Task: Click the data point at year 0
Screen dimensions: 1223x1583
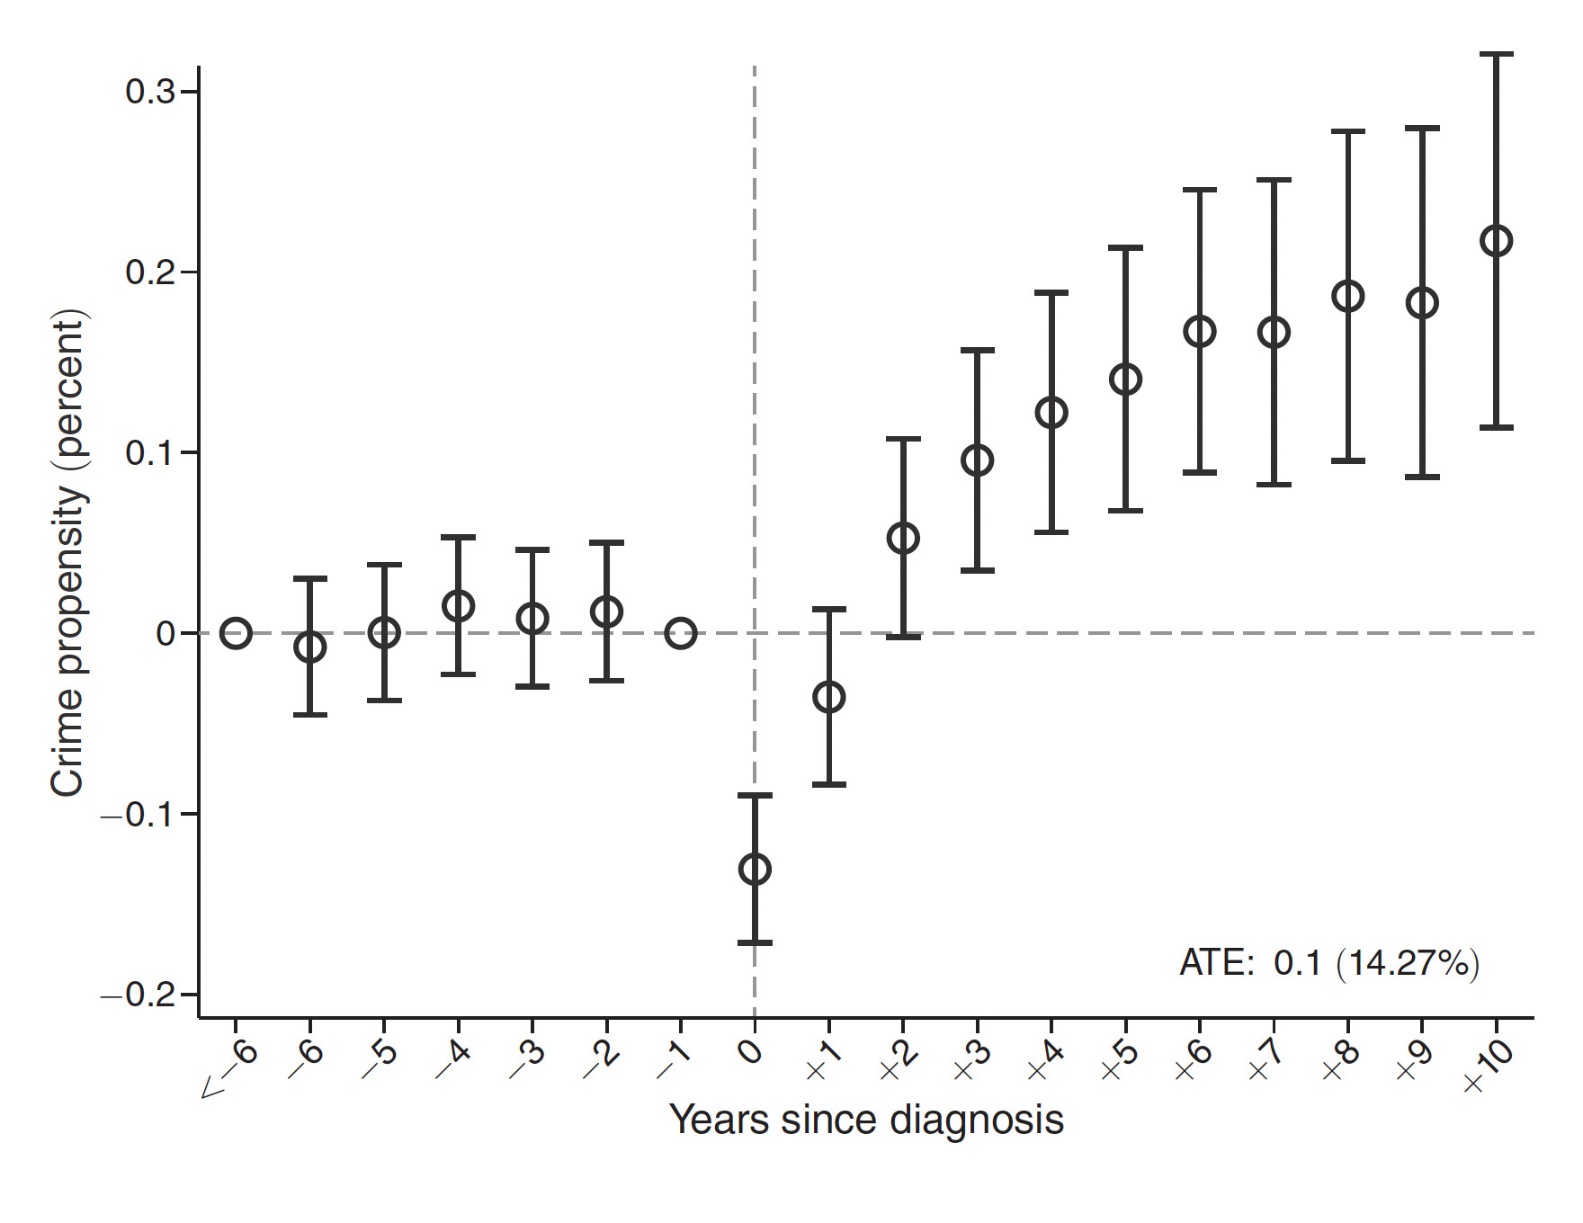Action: tap(755, 870)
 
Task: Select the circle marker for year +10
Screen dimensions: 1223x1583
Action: tap(1497, 241)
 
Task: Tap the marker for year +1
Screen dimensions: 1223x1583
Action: tap(828, 697)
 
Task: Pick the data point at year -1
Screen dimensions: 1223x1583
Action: tap(681, 633)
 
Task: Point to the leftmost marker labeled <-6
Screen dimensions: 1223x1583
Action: tap(236, 633)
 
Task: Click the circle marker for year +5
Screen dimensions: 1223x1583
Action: tap(1126, 379)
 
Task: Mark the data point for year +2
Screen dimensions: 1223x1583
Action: tap(903, 539)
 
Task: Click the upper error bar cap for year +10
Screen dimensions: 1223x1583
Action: tap(1497, 55)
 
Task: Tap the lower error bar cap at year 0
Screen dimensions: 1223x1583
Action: tap(755, 942)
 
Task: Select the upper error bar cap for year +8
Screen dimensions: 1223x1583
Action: tap(1348, 132)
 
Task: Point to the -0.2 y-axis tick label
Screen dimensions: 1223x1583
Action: tap(139, 995)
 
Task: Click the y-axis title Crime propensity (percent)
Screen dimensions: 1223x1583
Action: tap(68, 554)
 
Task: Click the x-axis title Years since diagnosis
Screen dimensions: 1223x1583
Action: tap(866, 1120)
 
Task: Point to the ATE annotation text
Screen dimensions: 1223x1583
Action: tap(1328, 963)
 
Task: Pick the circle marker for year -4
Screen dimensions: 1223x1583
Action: tap(459, 606)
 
